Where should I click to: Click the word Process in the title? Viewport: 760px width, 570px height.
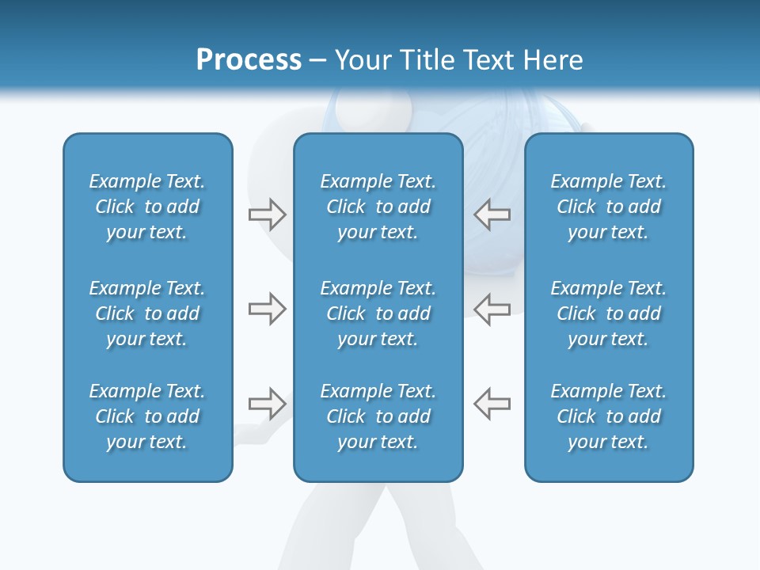click(249, 60)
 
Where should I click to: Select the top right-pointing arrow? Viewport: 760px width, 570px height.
click(267, 215)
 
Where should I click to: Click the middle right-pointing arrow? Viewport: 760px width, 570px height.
click(267, 309)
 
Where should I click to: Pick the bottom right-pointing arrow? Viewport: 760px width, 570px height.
click(267, 404)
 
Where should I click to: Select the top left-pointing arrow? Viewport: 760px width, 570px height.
click(492, 215)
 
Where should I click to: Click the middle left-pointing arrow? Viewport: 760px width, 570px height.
click(492, 309)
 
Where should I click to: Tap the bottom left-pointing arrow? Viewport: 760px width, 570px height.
click(492, 404)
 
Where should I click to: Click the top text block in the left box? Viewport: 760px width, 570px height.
click(147, 207)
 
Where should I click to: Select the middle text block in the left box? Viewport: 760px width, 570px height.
click(147, 313)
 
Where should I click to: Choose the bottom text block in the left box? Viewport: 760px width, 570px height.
click(147, 416)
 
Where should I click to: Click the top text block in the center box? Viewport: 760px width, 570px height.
click(378, 207)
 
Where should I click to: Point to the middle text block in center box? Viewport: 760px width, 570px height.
click(378, 313)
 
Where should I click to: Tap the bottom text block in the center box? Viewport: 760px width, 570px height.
click(378, 416)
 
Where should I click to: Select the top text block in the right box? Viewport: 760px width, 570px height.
click(608, 207)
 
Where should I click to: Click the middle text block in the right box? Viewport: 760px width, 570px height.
click(608, 313)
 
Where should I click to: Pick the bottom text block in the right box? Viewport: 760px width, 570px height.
click(608, 416)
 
